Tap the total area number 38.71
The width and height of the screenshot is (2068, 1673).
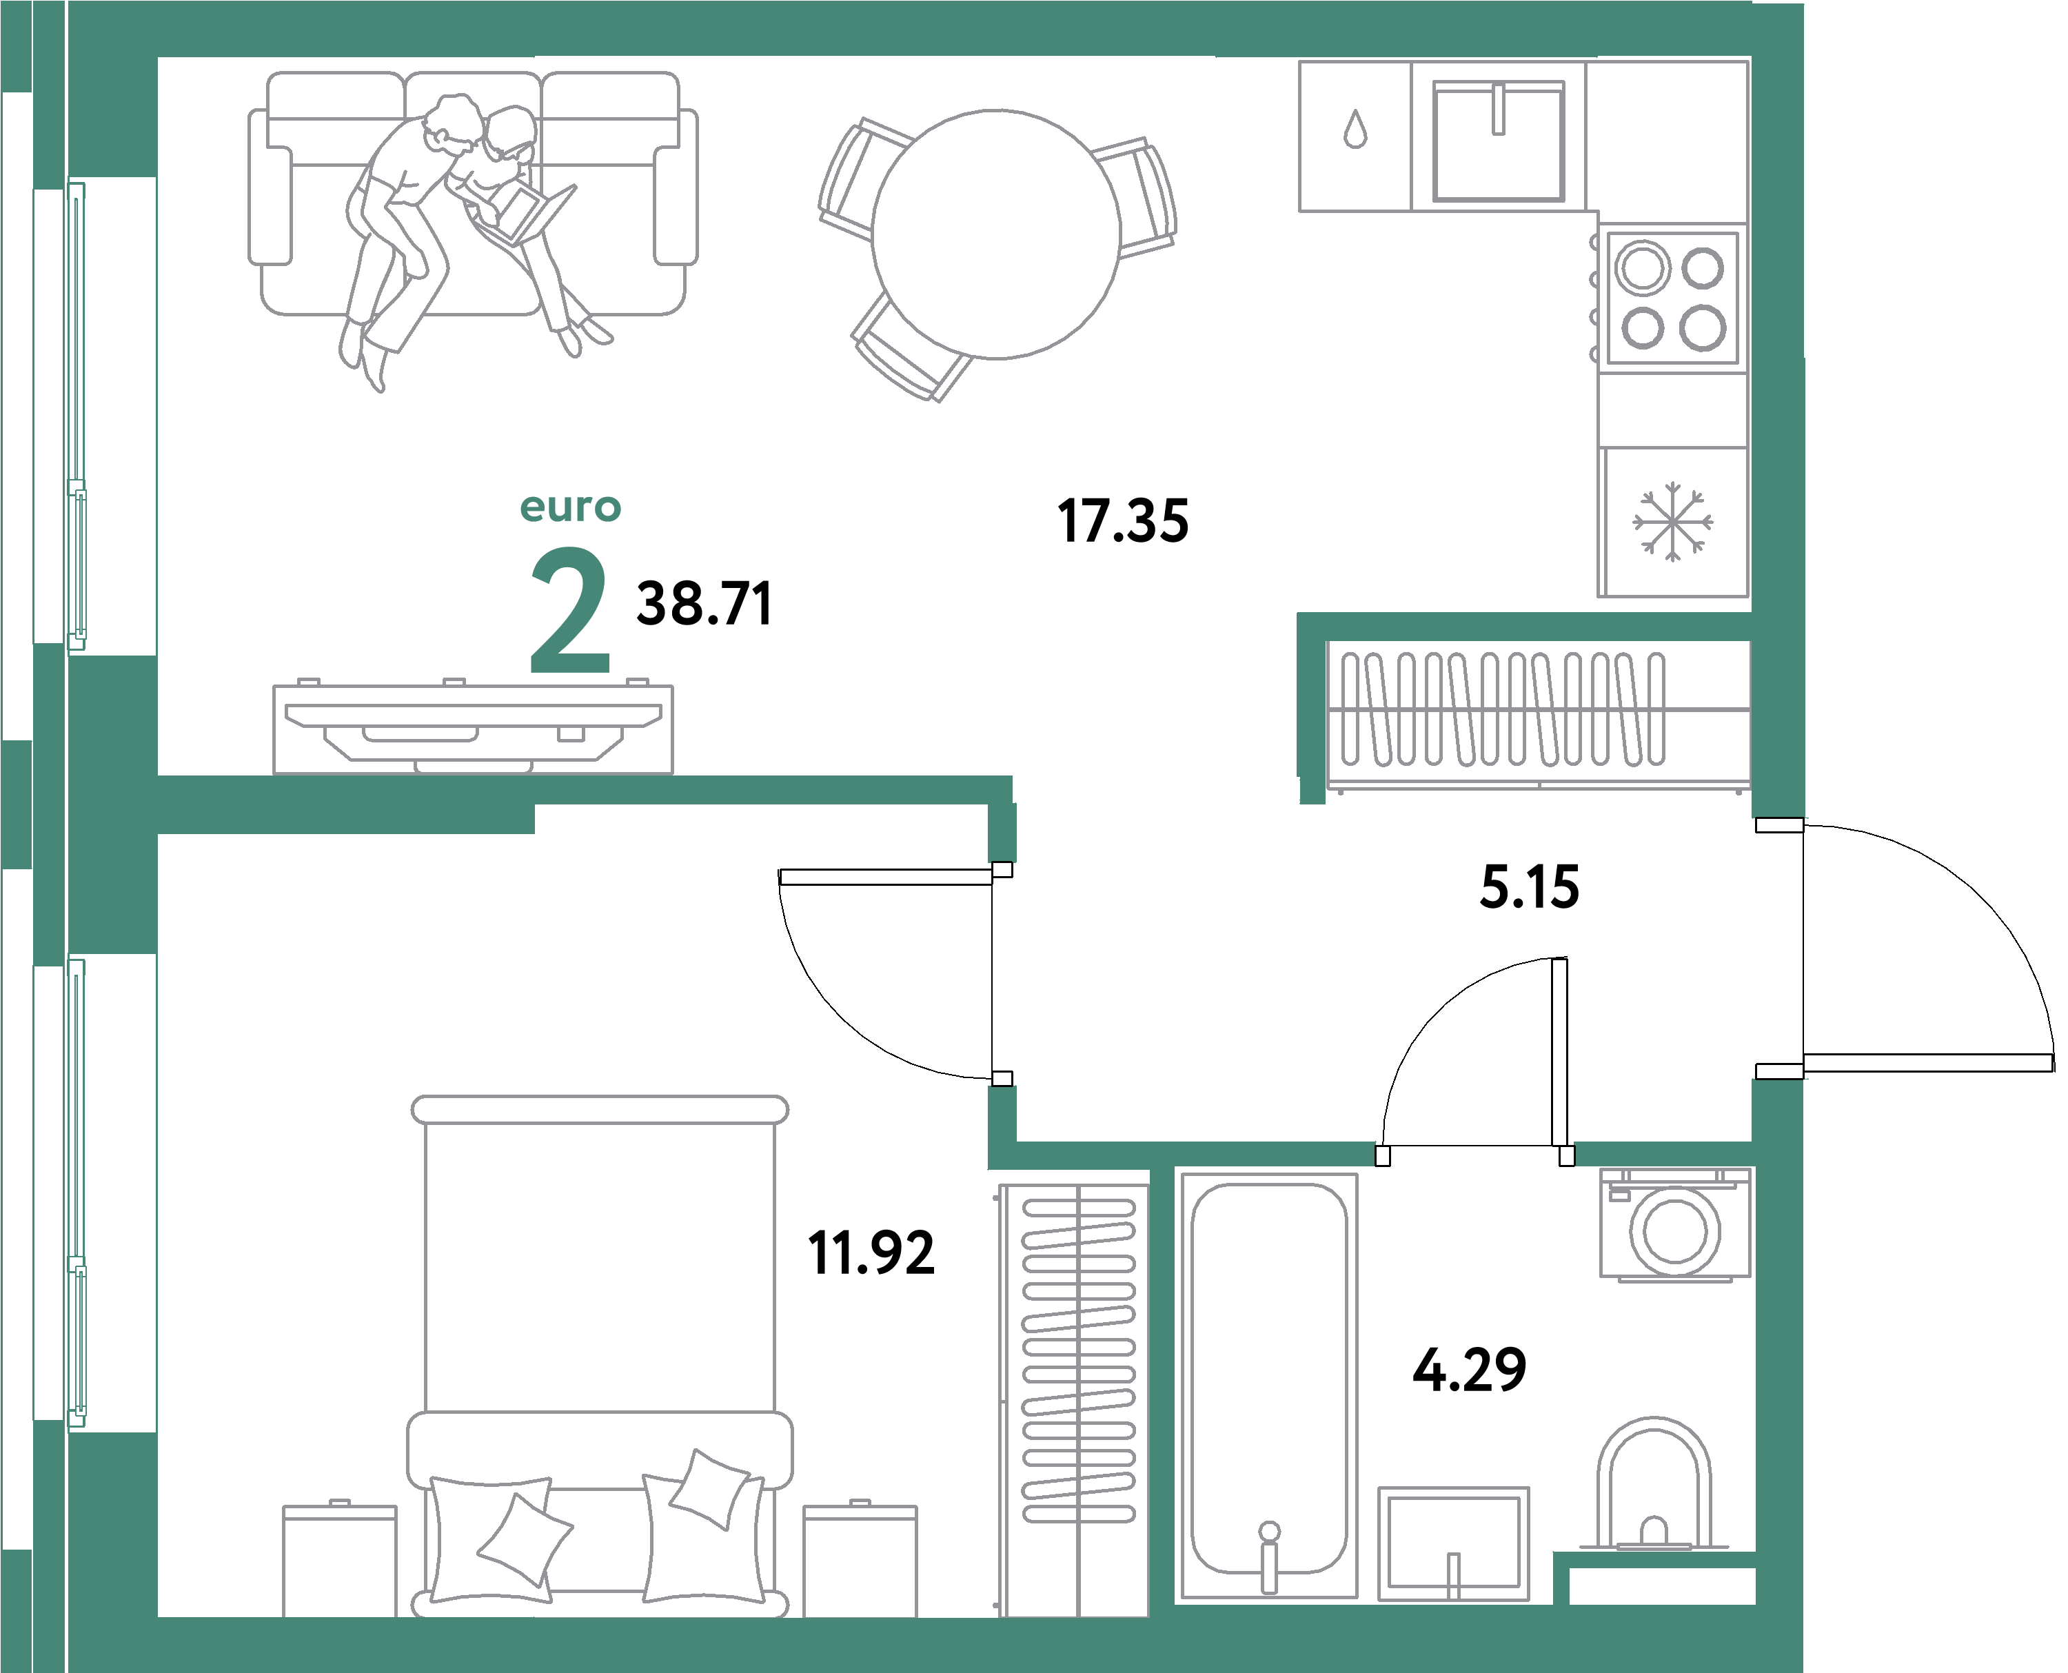coord(704,605)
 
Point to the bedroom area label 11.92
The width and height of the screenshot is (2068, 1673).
coord(871,1253)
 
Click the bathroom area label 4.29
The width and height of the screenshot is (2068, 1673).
coord(1470,1370)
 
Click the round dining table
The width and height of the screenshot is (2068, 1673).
coord(996,234)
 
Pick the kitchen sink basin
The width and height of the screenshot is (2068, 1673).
coord(1499,141)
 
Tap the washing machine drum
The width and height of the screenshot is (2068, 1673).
coord(1675,1230)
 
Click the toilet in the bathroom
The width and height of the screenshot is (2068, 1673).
coord(1654,1485)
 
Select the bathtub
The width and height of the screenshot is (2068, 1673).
coord(1268,1388)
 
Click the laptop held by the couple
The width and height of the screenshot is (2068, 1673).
coord(525,213)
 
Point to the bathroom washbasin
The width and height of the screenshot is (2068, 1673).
coord(1453,1543)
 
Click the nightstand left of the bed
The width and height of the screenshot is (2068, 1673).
coord(339,1559)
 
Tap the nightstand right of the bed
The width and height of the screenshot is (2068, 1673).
coord(860,1559)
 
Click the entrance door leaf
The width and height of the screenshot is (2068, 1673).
coord(1928,1063)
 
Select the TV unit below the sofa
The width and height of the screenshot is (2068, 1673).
coord(473,728)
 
